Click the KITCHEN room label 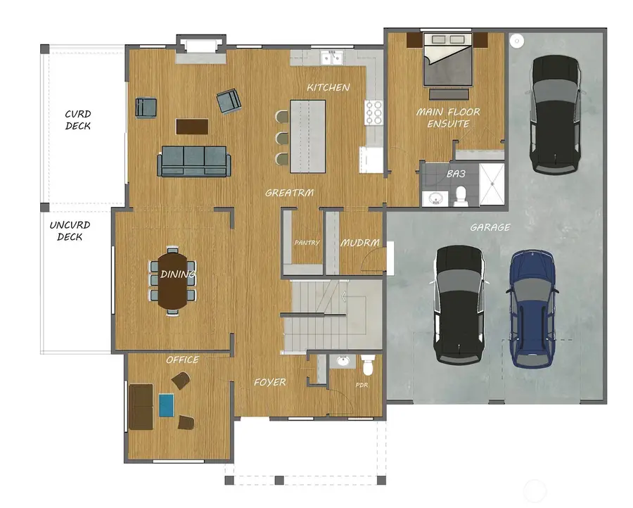(x=328, y=88)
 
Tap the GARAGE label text (x=490, y=227)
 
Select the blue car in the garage (x=532, y=308)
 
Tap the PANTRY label (x=307, y=243)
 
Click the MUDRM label (x=360, y=243)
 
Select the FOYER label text (x=270, y=382)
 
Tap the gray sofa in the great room (x=193, y=161)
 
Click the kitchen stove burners (x=373, y=111)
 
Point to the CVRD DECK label (x=78, y=120)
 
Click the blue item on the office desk (x=166, y=405)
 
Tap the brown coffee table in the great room (x=192, y=126)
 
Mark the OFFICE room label (x=182, y=360)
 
